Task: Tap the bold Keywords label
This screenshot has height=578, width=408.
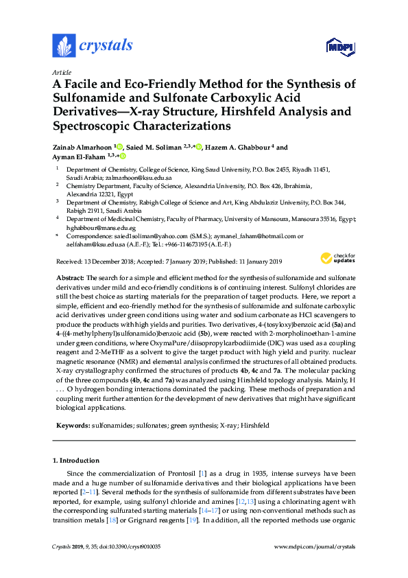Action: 72,426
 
